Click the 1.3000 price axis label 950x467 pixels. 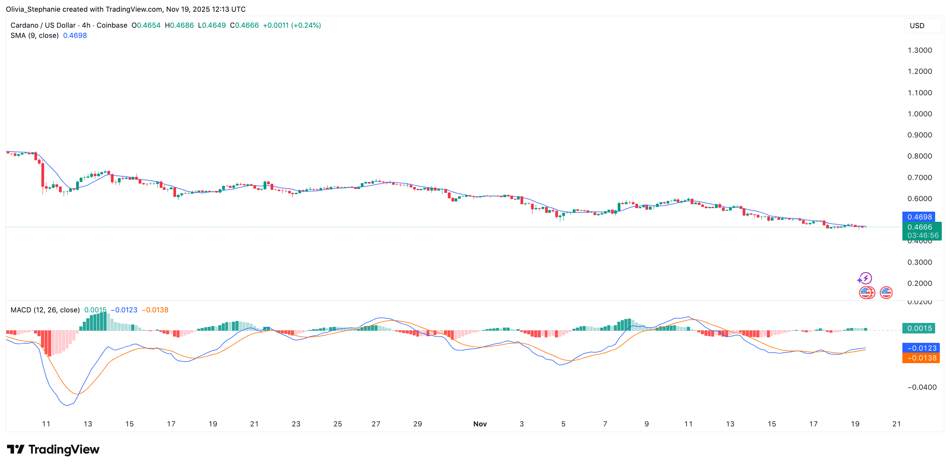click(x=920, y=50)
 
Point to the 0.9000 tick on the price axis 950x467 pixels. click(x=920, y=135)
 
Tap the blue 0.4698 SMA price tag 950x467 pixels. click(x=918, y=217)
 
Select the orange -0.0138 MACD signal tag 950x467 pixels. click(x=921, y=358)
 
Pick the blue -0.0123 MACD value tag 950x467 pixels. click(x=921, y=348)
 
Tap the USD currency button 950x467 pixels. click(x=917, y=26)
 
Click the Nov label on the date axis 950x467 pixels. click(x=480, y=424)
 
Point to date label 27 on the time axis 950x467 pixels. click(x=376, y=424)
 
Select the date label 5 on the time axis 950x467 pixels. click(x=563, y=424)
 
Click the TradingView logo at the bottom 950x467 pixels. click(x=53, y=450)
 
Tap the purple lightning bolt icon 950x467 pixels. click(x=866, y=278)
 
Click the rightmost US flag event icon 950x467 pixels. click(x=886, y=292)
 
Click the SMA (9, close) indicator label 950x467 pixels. click(x=34, y=36)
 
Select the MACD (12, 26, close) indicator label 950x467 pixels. click(x=45, y=310)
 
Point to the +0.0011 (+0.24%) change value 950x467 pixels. click(x=292, y=25)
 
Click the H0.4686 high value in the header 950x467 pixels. click(x=179, y=25)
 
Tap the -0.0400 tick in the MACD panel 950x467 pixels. click(x=922, y=387)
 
